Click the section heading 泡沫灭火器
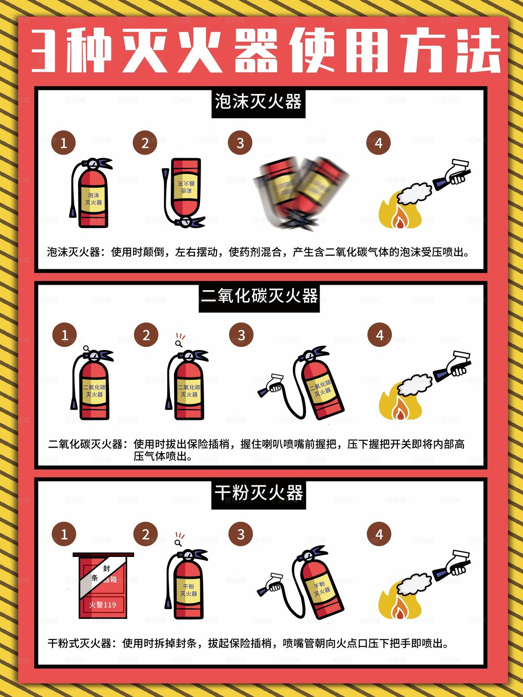[x=258, y=102]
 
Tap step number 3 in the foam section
[x=240, y=143]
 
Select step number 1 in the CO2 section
[x=65, y=335]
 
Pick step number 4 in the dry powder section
[x=379, y=534]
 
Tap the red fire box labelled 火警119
[x=103, y=586]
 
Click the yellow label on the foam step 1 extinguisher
[x=94, y=199]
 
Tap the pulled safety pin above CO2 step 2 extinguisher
[x=179, y=342]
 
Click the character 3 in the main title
[x=44, y=51]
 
